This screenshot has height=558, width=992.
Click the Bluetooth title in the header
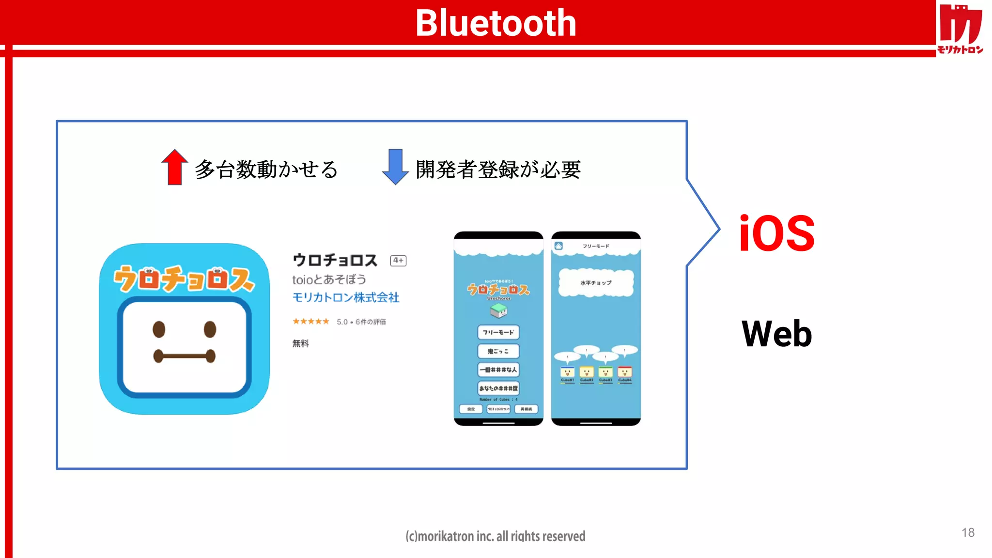click(x=496, y=23)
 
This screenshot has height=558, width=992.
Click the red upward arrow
click(x=174, y=167)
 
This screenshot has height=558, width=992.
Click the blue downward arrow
click(x=395, y=167)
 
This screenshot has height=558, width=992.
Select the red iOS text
click(x=776, y=233)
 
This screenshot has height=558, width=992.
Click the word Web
click(x=776, y=334)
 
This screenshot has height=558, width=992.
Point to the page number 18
click(x=968, y=532)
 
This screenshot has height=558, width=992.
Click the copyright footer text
click(x=495, y=536)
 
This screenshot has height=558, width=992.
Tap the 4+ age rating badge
click(x=398, y=261)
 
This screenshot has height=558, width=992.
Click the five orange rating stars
click(x=310, y=321)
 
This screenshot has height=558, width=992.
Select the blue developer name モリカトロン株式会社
click(x=346, y=297)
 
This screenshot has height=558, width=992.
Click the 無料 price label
click(x=300, y=343)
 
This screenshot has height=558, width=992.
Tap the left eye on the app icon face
click(x=159, y=329)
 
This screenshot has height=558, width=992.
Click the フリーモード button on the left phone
click(x=498, y=332)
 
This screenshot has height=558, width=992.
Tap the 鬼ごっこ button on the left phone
click(x=498, y=351)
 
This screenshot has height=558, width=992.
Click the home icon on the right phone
click(x=558, y=246)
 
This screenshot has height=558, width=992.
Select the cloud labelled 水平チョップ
click(x=596, y=283)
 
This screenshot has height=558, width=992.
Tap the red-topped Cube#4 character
click(x=625, y=372)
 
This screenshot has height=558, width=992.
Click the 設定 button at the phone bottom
click(x=471, y=409)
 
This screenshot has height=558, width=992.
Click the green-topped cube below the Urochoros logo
click(x=498, y=311)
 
